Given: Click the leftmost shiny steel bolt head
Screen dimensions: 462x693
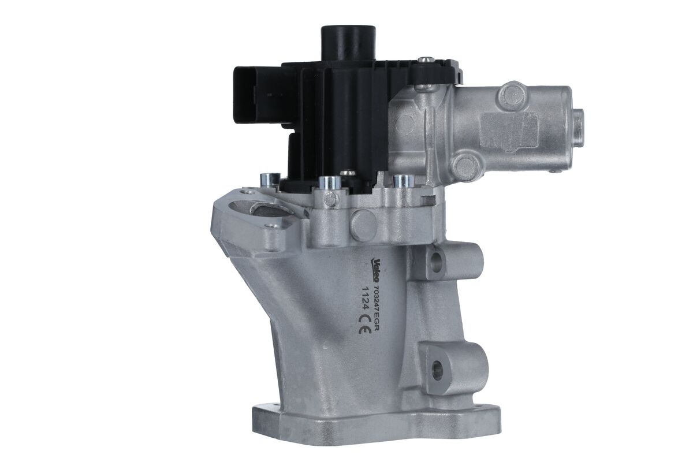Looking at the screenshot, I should pyautogui.click(x=270, y=180).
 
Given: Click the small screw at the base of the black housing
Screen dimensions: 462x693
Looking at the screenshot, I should pyautogui.click(x=347, y=173).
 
